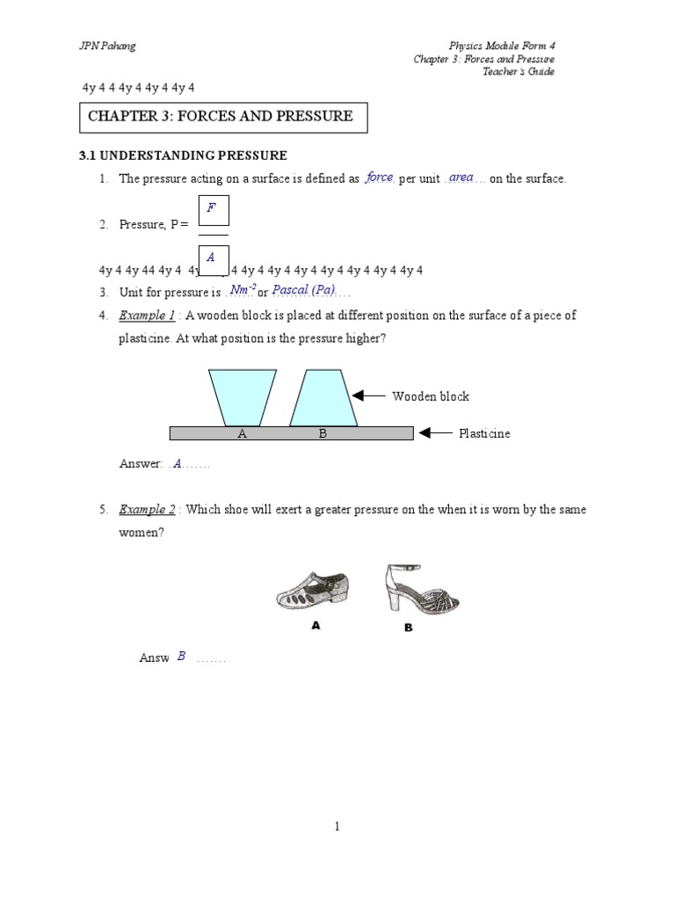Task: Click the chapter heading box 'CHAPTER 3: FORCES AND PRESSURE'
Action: click(x=223, y=116)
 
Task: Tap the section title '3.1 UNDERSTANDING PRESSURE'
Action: click(x=184, y=156)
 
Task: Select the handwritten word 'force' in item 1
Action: click(x=380, y=178)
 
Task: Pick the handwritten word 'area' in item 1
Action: click(x=461, y=178)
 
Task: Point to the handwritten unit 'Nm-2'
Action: click(x=242, y=290)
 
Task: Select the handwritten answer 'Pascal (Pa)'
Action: click(x=303, y=290)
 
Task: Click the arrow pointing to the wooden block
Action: click(x=370, y=396)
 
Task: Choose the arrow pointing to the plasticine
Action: click(x=436, y=433)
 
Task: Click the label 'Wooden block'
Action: click(x=431, y=396)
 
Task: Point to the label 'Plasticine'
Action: click(x=484, y=433)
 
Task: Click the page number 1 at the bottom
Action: click(x=337, y=826)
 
